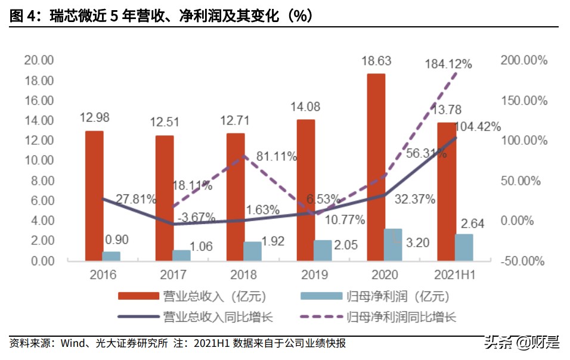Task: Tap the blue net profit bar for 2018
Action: [252, 251]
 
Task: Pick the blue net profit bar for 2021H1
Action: [464, 247]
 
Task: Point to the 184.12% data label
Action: [448, 63]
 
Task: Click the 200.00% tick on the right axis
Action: [524, 60]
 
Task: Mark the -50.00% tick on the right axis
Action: [524, 261]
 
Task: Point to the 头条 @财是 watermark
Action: [521, 343]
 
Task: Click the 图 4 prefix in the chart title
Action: [22, 16]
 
